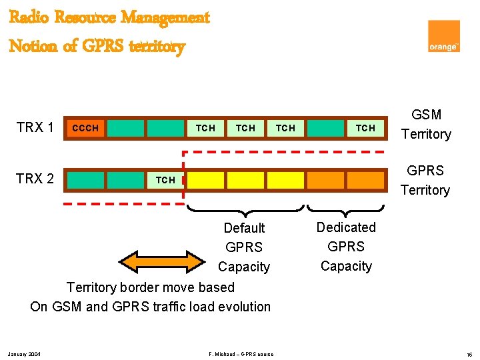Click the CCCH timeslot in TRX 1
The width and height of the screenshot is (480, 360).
pos(85,127)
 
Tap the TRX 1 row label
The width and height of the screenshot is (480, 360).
pos(35,127)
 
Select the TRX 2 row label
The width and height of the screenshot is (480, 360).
pos(35,179)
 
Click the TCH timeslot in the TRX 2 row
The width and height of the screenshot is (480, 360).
pos(165,179)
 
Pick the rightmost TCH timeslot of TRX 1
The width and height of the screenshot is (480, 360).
pos(365,127)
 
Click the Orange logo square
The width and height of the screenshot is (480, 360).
pos(443,36)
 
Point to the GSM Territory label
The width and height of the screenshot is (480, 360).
pos(427,125)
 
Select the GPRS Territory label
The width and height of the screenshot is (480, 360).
pos(425,180)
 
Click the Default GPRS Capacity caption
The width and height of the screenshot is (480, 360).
pos(244,247)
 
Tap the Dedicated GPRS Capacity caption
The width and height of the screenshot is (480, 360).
pos(346,247)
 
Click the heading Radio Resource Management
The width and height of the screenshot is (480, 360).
pos(109,17)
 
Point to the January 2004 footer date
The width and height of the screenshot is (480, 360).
pos(25,353)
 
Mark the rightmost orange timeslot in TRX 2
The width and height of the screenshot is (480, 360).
pos(365,179)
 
